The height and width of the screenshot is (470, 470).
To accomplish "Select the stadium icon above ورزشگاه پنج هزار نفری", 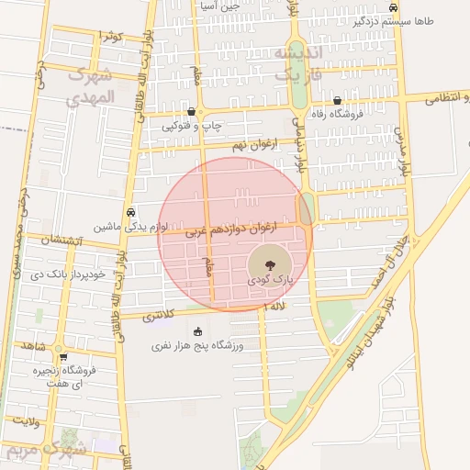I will [x=197, y=331].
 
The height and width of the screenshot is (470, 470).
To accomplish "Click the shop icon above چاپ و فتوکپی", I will [x=190, y=111].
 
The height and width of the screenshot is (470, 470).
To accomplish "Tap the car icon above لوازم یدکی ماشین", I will [x=131, y=210].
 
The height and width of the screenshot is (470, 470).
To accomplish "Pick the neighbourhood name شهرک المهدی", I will [x=92, y=85].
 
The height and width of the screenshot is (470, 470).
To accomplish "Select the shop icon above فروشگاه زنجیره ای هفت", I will [x=62, y=357].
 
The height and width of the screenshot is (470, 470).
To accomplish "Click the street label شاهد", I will [x=33, y=347].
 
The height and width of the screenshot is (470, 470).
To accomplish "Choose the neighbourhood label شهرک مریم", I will [x=46, y=451].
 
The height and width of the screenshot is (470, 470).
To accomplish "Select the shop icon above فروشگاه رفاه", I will [x=338, y=101].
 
